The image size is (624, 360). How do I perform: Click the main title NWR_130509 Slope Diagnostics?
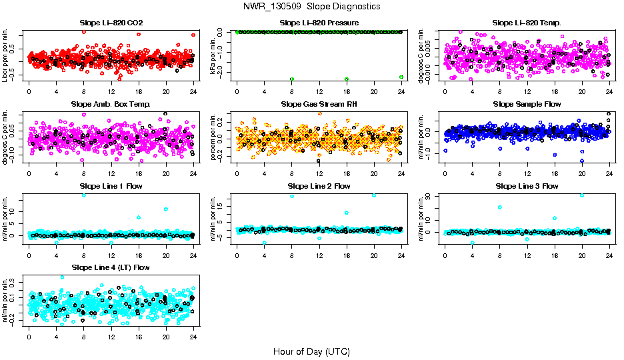pos(312,6)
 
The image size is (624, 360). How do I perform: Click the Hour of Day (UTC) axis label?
pos(311,351)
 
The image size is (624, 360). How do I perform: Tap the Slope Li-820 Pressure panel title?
pos(319,23)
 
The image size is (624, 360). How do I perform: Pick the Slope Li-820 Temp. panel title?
pos(527,23)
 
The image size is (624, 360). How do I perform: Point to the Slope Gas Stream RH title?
pos(319,105)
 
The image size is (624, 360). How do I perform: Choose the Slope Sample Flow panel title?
pos(527,105)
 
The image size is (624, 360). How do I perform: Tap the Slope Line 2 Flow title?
pos(319,186)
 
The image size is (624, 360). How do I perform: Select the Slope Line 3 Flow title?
pos(527,186)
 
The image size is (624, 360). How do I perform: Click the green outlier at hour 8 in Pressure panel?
pos(292,79)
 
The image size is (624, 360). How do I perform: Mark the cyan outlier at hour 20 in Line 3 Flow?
pos(582,195)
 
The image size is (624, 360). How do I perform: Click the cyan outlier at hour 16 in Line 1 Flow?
pos(139,217)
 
